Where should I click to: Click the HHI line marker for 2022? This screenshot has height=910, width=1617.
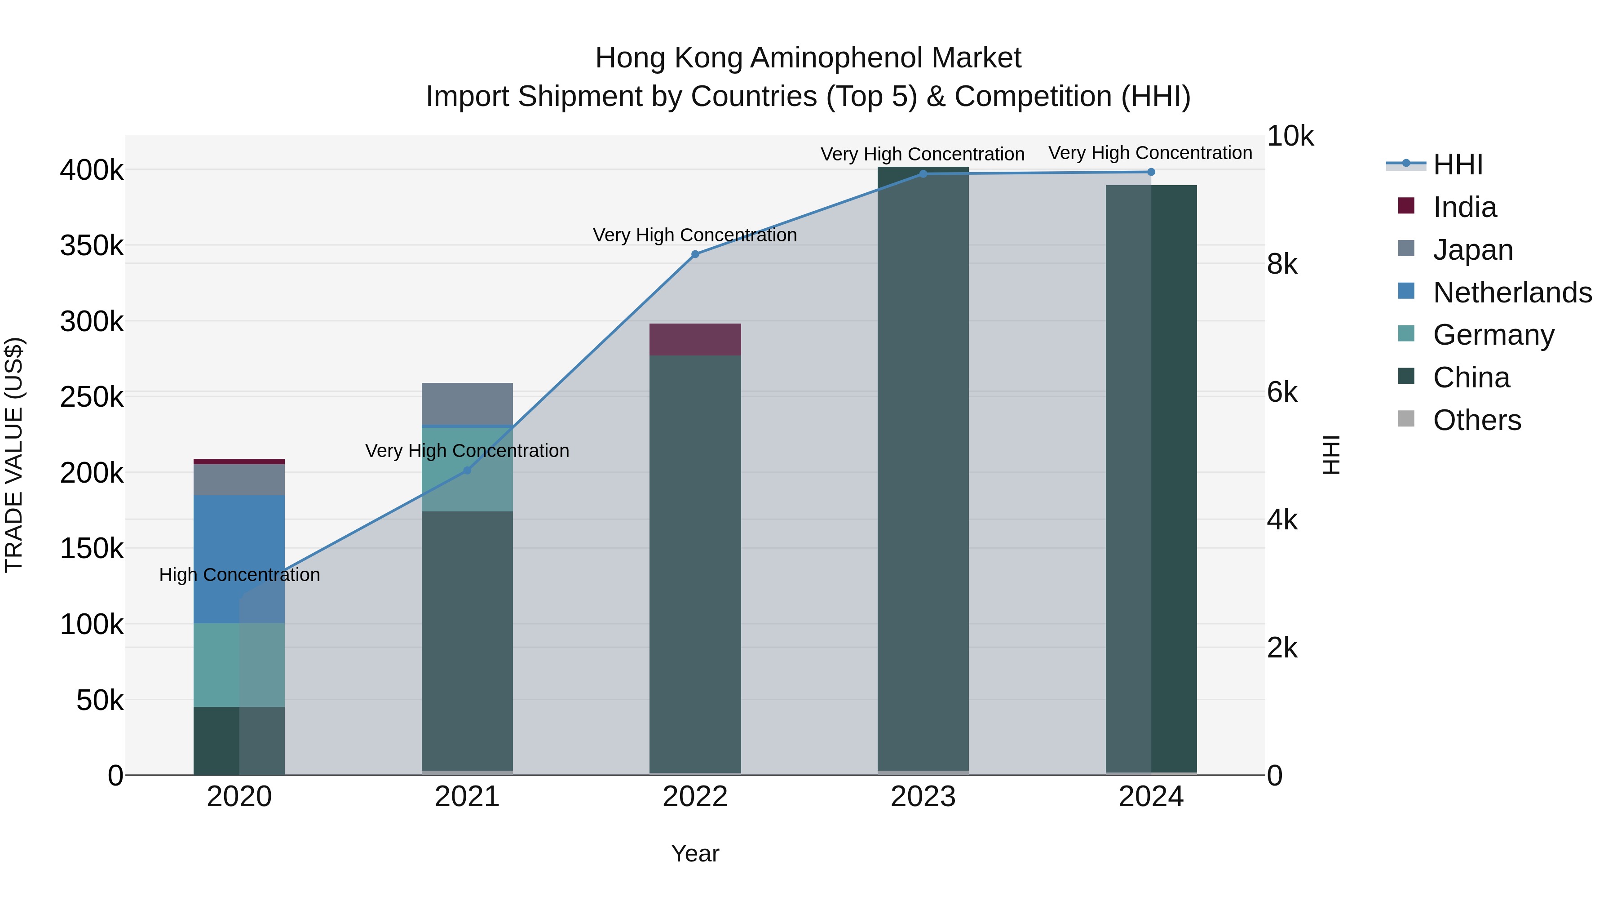pos(695,254)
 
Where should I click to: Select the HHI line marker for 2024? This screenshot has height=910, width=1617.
pos(1151,172)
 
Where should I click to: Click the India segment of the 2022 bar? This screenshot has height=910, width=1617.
pos(695,340)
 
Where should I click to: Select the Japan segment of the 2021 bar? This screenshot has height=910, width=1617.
pos(467,404)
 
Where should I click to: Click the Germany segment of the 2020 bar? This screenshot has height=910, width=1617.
pos(239,665)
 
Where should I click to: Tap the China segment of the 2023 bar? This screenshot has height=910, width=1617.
pos(923,471)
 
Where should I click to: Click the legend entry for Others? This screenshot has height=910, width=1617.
pos(1477,420)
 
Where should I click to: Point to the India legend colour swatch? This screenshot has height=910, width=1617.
pos(1406,206)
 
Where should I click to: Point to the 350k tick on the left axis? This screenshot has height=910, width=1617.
pos(92,245)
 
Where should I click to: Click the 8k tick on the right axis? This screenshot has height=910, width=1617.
pos(1282,264)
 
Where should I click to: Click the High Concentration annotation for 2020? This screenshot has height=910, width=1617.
pos(239,575)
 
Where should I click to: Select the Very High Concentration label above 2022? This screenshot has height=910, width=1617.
pos(695,235)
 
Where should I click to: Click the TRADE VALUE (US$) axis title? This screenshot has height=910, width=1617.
pos(14,455)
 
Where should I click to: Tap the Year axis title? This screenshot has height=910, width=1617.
pos(695,853)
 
